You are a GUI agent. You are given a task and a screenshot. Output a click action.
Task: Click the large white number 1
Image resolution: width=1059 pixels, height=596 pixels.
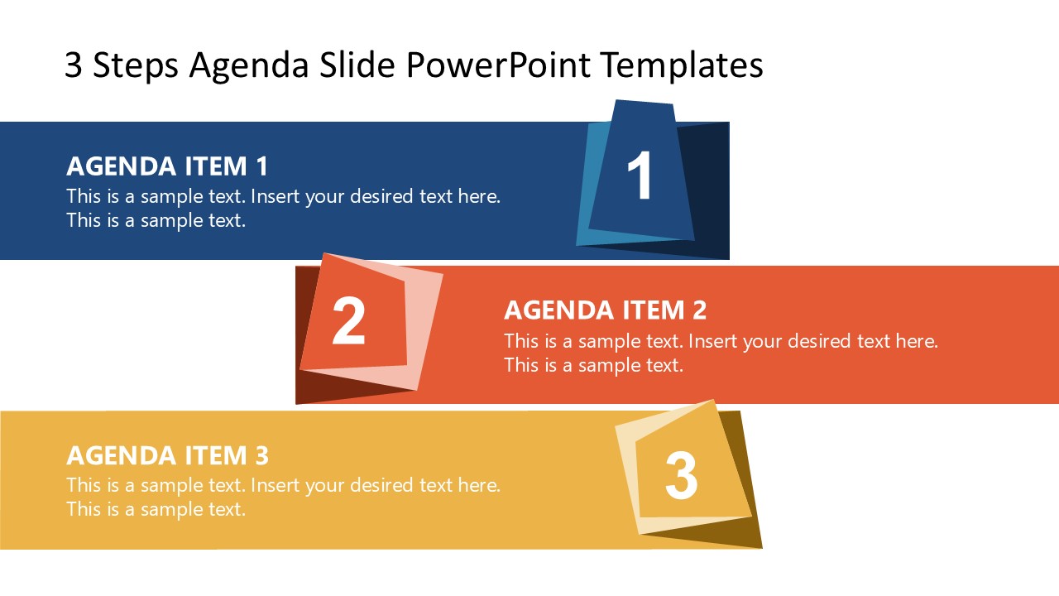640,176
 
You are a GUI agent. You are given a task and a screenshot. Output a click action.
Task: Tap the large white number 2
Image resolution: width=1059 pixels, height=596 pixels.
348,322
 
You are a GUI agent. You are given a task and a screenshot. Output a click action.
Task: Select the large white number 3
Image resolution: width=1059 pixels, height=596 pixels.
681,475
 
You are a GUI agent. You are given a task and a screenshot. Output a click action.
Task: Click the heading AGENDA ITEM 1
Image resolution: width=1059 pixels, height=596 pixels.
167,166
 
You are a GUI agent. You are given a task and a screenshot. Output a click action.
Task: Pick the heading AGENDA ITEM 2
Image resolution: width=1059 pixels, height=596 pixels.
605,310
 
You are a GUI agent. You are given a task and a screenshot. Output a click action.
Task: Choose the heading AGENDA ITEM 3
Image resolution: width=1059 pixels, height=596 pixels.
167,455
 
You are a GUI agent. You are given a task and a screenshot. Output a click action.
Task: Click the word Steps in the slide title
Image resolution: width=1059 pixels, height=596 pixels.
134,65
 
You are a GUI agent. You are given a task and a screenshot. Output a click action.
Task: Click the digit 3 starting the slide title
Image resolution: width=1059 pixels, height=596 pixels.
73,66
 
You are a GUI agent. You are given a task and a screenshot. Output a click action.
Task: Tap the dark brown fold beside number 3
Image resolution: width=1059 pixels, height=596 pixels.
739,464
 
